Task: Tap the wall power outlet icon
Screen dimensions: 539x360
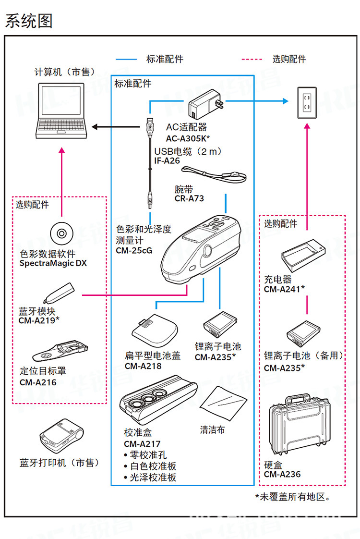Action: pyautogui.click(x=307, y=102)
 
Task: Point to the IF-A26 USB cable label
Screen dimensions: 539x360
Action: pyautogui.click(x=167, y=161)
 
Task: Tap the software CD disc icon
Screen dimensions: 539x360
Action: pyautogui.click(x=61, y=233)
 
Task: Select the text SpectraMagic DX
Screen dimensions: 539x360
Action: pyautogui.click(x=53, y=263)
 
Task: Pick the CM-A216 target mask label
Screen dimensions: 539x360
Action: pyautogui.click(x=38, y=382)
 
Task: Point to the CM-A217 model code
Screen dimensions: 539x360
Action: pyautogui.click(x=142, y=444)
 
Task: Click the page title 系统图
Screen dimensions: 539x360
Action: pyautogui.click(x=28, y=21)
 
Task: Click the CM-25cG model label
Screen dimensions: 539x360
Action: pyautogui.click(x=134, y=250)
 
